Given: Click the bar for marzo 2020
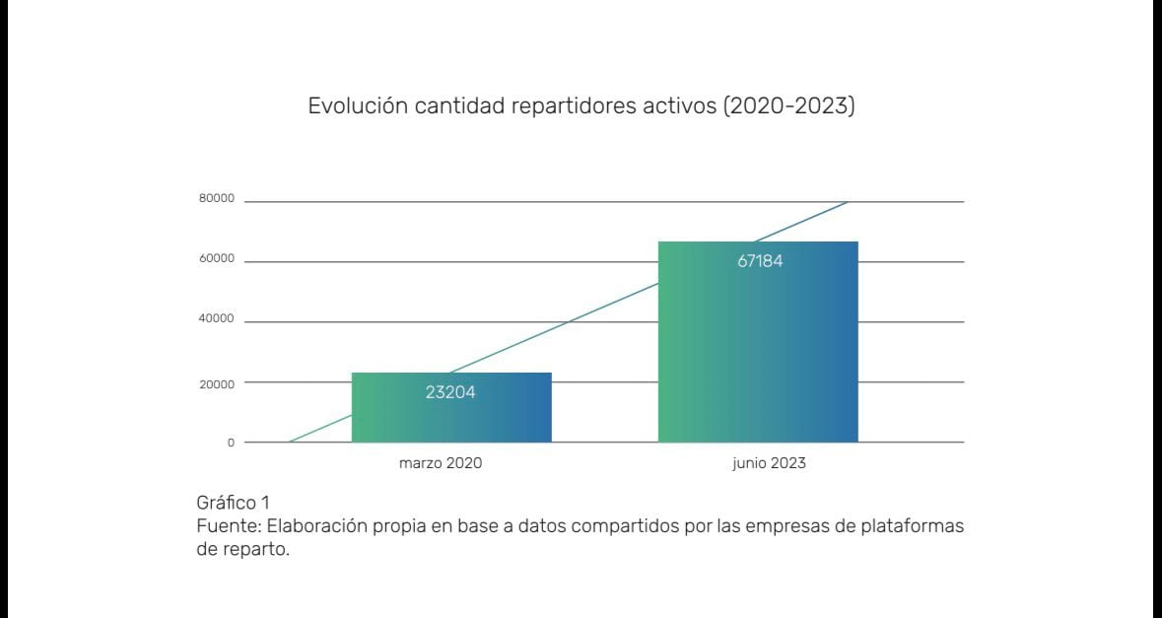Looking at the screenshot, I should tap(451, 408).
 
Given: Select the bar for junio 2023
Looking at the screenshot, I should tap(758, 342).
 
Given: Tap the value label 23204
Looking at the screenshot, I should tap(450, 391).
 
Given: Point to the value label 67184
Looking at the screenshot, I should tap(760, 262).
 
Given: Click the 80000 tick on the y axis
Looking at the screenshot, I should tap(217, 199).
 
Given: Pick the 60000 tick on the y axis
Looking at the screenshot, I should tap(217, 259).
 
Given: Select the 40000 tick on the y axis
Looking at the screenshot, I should tap(217, 319).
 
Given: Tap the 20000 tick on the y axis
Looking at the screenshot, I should tap(217, 383).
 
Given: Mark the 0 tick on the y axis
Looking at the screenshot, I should tap(232, 443).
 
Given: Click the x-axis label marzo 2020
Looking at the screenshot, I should tap(441, 462).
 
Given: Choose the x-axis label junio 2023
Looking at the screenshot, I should tap(769, 462).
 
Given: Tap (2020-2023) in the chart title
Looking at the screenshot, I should tap(788, 105).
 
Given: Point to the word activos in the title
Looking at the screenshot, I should tap(682, 105).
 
